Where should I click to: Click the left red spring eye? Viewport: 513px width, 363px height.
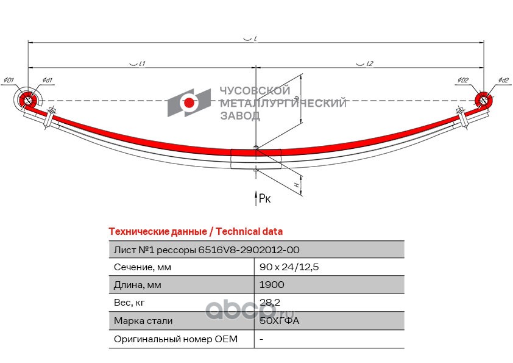tap(27, 100)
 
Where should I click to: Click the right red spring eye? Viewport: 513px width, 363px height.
tap(483, 100)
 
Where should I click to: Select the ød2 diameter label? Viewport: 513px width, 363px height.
tap(503, 80)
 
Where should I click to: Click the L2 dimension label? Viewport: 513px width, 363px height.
tap(369, 63)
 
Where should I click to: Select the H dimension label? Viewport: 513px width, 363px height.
tap(295, 184)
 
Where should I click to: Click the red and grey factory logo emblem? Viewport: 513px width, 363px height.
tap(188, 102)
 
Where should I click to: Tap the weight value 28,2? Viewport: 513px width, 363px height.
tap(269, 303)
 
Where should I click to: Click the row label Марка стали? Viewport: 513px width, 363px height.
tap(143, 321)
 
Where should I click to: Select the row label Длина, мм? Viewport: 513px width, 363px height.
tap(138, 285)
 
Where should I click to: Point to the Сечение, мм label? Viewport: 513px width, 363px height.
tap(143, 267)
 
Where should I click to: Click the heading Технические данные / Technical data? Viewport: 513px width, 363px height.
tap(195, 232)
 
